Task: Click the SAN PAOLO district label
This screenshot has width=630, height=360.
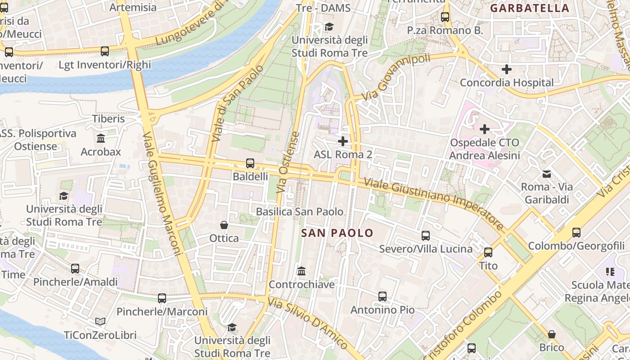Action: pos(337,233)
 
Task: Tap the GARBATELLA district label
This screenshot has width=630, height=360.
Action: pos(529,8)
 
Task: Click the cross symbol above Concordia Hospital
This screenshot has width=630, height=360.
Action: pos(507,69)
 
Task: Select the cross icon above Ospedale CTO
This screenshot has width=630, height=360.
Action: pos(484,130)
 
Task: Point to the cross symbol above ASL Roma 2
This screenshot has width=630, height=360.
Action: pos(343,141)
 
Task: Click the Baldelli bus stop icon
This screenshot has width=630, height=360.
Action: pos(250,163)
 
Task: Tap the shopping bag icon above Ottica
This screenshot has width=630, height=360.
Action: pos(224,225)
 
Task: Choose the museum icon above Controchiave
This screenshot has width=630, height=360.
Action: pos(301,271)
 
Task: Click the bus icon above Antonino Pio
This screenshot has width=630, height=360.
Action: pos(382,296)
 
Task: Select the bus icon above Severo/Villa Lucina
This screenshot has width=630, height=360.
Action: pos(426,235)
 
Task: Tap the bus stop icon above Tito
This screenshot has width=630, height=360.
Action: pos(488,252)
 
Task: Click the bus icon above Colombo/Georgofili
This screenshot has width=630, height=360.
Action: pos(576,232)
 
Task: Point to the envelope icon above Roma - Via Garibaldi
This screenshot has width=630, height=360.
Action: pos(547,173)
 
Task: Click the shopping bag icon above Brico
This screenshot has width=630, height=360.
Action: pos(552,334)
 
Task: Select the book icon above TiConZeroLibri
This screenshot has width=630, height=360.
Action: pos(100,321)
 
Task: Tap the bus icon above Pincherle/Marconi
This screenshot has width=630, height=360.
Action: pos(162,298)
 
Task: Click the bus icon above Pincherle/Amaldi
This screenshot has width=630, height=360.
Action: pos(75,269)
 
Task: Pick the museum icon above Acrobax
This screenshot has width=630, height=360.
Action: pos(101,138)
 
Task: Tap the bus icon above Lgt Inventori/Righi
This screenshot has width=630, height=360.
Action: pos(105,51)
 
